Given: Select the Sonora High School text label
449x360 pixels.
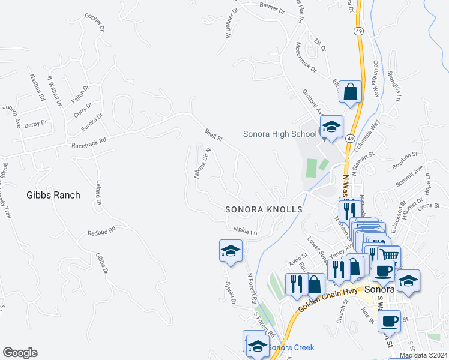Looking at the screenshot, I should pos(279,134).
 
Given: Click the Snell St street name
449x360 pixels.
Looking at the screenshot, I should pos(213,134).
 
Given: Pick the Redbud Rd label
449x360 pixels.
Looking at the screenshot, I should pos(101,232).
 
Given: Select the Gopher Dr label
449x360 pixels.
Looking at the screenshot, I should pos(95,23).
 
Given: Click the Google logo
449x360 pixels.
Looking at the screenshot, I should pos(20,353).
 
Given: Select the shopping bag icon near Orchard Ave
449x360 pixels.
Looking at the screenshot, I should pos(351,92).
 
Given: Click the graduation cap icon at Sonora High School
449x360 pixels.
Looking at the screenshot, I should pos(331,127).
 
